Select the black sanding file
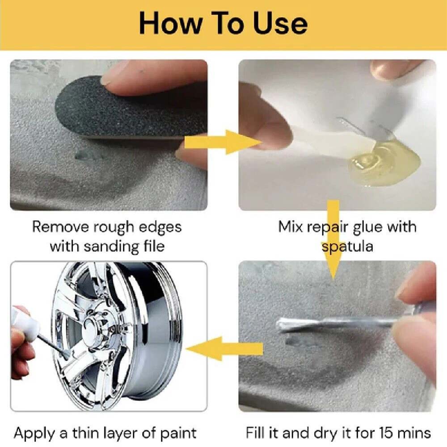click(130, 108)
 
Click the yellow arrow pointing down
click(333, 240)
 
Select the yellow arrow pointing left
click(224, 348)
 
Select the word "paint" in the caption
click(178, 434)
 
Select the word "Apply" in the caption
click(35, 434)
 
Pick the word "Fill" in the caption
click(255, 433)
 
